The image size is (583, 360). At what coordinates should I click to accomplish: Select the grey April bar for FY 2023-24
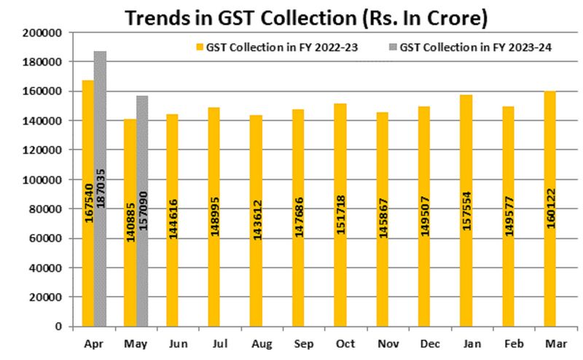(x=100, y=189)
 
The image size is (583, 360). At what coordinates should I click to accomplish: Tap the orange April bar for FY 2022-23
(x=87, y=203)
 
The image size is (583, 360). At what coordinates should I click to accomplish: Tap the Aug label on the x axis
(x=256, y=342)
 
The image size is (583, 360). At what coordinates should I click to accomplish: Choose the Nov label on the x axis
(x=382, y=342)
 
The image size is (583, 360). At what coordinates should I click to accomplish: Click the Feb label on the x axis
(x=508, y=342)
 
